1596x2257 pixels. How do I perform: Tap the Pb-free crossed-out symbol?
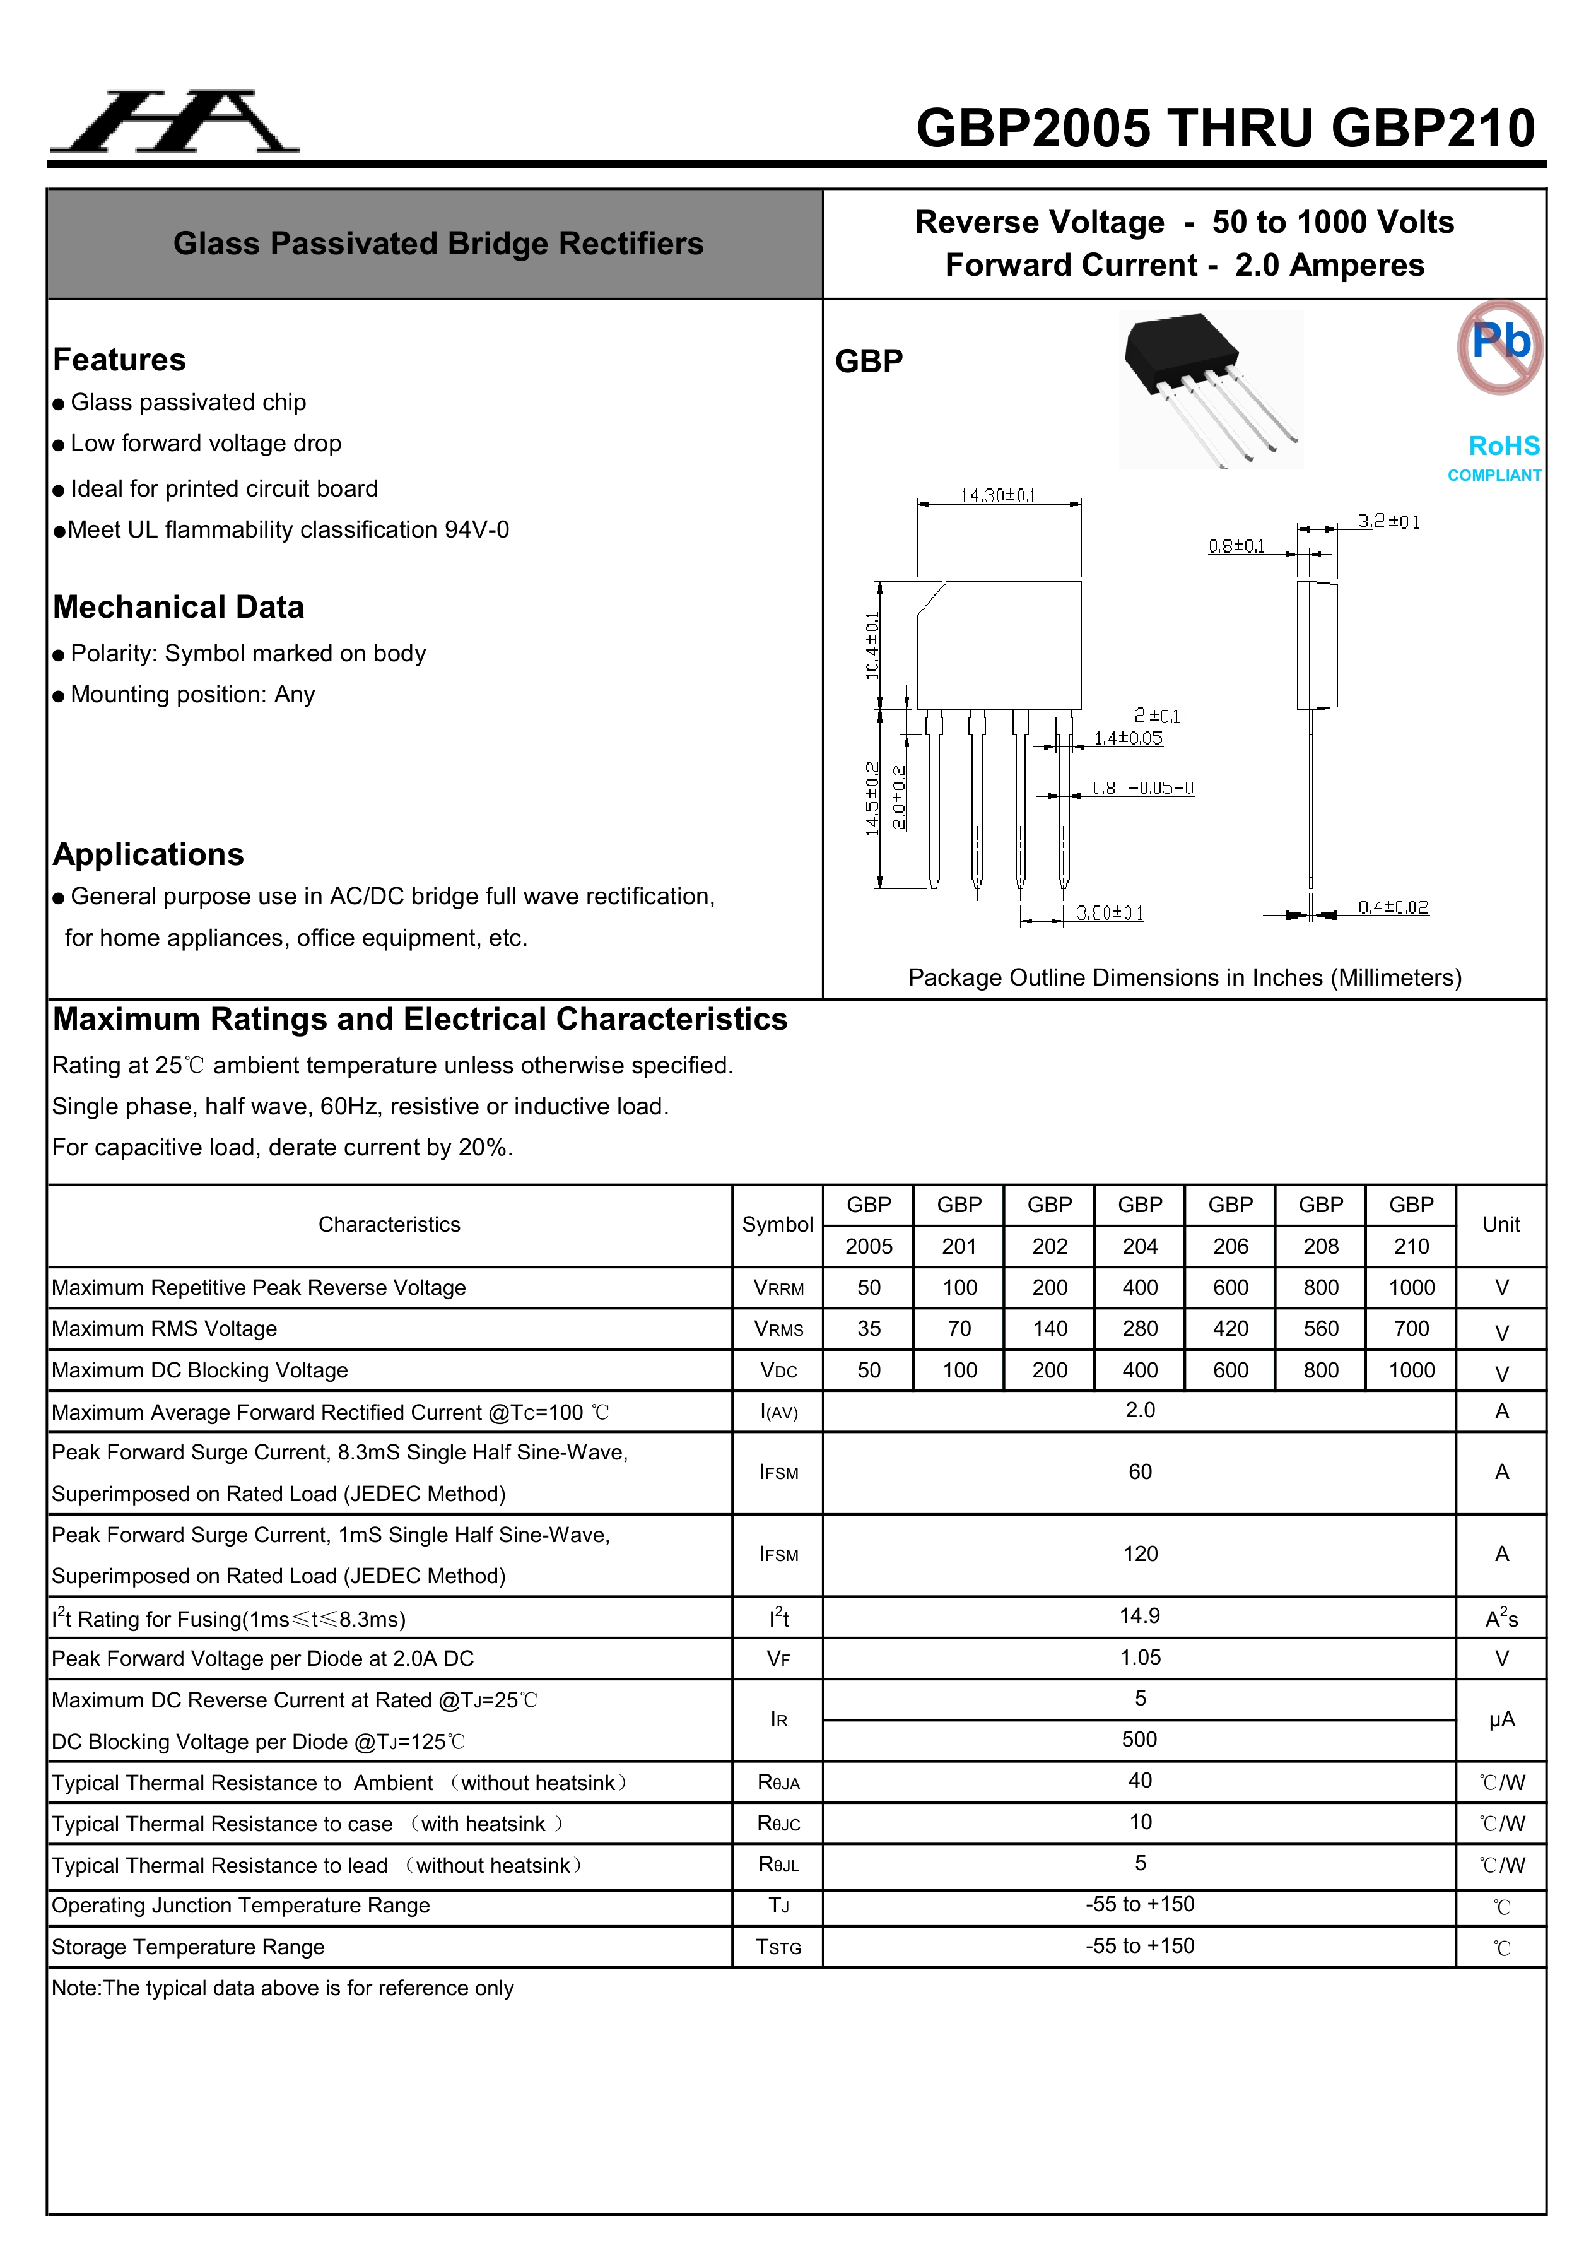pyautogui.click(x=1499, y=347)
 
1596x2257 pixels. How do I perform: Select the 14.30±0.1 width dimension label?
pyautogui.click(x=999, y=495)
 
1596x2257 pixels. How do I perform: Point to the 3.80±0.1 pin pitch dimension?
pyautogui.click(x=1110, y=913)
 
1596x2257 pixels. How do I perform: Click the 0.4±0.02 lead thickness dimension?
pyautogui.click(x=1393, y=907)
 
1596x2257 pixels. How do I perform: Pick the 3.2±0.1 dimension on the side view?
pyautogui.click(x=1388, y=521)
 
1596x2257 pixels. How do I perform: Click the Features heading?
pyautogui.click(x=119, y=360)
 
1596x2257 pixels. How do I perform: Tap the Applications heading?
pyautogui.click(x=148, y=854)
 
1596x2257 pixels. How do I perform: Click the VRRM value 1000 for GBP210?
pyautogui.click(x=1411, y=1288)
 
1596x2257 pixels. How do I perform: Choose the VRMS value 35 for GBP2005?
pyautogui.click(x=869, y=1329)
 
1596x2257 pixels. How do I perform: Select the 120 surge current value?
pyautogui.click(x=1140, y=1554)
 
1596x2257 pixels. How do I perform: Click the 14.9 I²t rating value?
pyautogui.click(x=1140, y=1616)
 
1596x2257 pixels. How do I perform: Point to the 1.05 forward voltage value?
pyautogui.click(x=1140, y=1658)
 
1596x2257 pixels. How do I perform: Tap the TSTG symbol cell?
pyautogui.click(x=778, y=1947)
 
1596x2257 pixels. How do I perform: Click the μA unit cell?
pyautogui.click(x=1501, y=1719)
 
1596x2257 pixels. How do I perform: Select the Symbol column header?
pyautogui.click(x=777, y=1225)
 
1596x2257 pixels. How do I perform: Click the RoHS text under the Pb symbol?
pyautogui.click(x=1504, y=446)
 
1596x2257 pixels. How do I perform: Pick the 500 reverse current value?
pyautogui.click(x=1140, y=1740)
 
